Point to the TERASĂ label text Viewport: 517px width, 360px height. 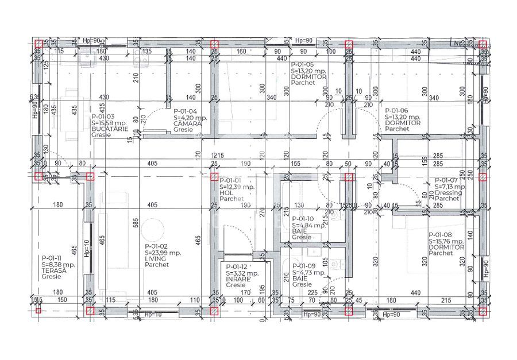[54, 270]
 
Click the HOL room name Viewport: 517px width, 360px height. [226, 193]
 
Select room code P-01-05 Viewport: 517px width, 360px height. [302, 65]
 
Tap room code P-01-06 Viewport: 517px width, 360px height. [396, 110]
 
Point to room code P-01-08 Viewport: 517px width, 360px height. [440, 234]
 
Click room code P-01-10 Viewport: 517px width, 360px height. [303, 219]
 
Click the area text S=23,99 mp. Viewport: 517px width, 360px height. [163, 253]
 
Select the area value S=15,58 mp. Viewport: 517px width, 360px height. [109, 123]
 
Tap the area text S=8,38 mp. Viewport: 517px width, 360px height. [58, 265]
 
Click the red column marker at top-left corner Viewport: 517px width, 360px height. [38, 44]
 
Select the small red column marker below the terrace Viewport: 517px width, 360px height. [38, 311]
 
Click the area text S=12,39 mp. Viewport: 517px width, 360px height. [237, 187]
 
